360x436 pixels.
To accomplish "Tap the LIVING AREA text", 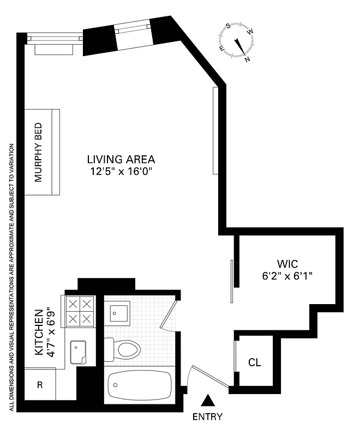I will (x=121, y=160).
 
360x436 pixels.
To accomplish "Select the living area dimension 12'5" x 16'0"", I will (x=121, y=171).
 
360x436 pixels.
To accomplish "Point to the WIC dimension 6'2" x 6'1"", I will (x=286, y=276).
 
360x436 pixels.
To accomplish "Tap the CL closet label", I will (x=254, y=362).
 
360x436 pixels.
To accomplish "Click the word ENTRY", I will (x=207, y=417).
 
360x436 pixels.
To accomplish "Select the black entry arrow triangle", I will (x=207, y=401).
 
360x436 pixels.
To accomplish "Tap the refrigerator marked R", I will (x=40, y=385).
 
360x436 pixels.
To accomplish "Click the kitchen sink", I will (x=78, y=352).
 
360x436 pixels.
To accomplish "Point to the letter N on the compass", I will (x=248, y=59).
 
